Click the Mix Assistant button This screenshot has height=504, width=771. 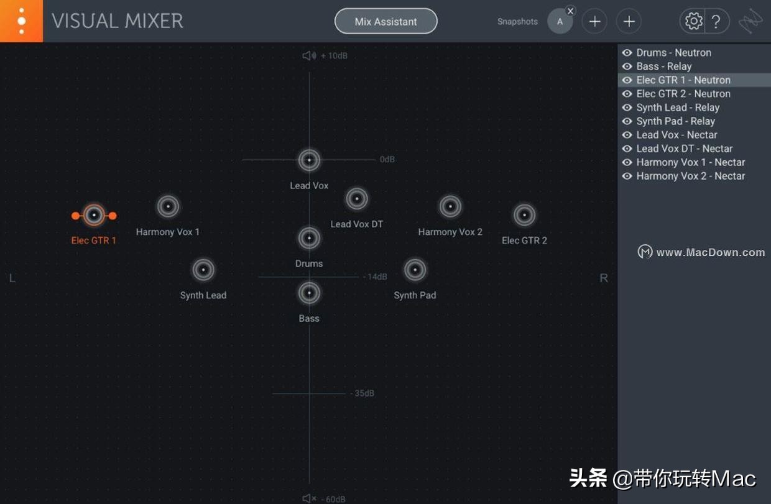pos(386,21)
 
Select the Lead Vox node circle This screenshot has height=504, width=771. pos(309,160)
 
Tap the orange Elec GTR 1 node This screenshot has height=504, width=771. pos(94,216)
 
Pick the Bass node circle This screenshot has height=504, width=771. pos(309,293)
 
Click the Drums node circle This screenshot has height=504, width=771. pos(309,238)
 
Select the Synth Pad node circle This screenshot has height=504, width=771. pos(415,270)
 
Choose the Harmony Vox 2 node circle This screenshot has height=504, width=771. pos(450,206)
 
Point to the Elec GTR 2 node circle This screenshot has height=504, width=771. pos(524,215)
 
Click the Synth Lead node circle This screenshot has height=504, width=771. pos(203,270)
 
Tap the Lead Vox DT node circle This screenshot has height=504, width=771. pos(356,199)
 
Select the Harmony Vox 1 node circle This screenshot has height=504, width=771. pos(168,206)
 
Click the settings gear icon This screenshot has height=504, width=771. pos(693,21)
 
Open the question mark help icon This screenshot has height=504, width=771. pos(716,21)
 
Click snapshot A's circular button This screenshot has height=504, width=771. pos(560,22)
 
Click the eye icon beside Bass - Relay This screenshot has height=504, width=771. pos(627,66)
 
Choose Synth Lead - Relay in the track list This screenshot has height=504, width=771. pos(677,108)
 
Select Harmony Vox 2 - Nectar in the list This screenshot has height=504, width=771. pos(690,176)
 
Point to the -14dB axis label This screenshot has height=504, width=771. pos(375,277)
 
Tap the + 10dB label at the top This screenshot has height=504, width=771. pos(334,56)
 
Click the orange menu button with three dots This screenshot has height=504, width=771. pos(21,21)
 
